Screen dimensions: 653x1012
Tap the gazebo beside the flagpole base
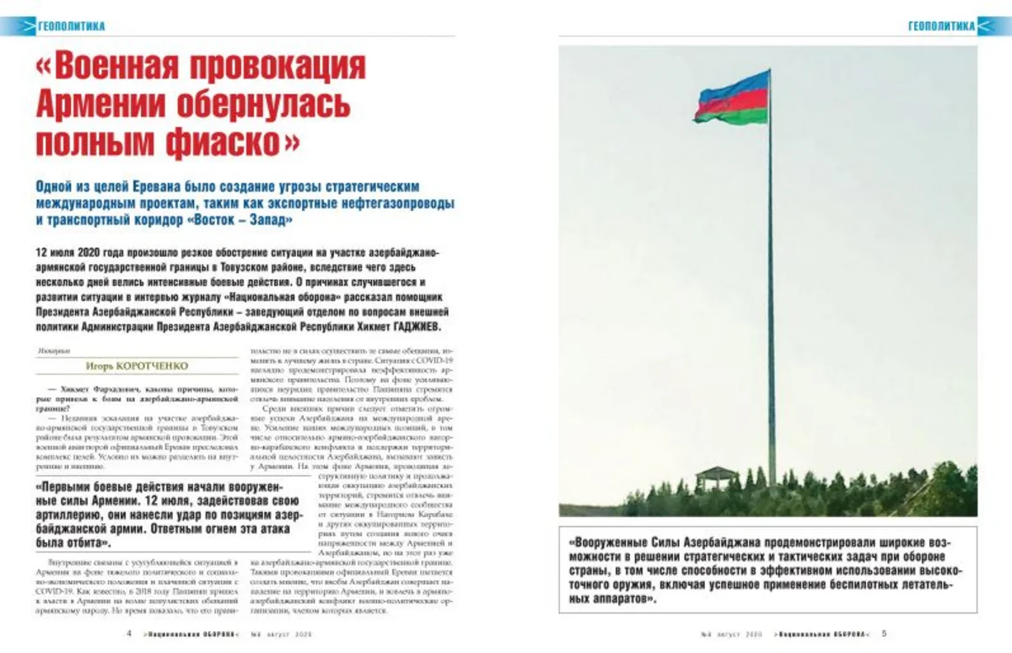pyautogui.click(x=716, y=478)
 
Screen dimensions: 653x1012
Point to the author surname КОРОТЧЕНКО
pyautogui.click(x=159, y=365)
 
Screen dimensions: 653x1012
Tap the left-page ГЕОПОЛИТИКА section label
pyautogui.click(x=71, y=26)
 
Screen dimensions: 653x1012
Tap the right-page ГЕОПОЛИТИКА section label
pyautogui.click(x=940, y=26)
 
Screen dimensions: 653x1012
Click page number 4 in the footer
pyautogui.click(x=127, y=634)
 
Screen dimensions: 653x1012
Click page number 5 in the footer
pyautogui.click(x=884, y=634)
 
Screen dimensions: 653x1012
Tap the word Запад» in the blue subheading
pyautogui.click(x=266, y=220)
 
